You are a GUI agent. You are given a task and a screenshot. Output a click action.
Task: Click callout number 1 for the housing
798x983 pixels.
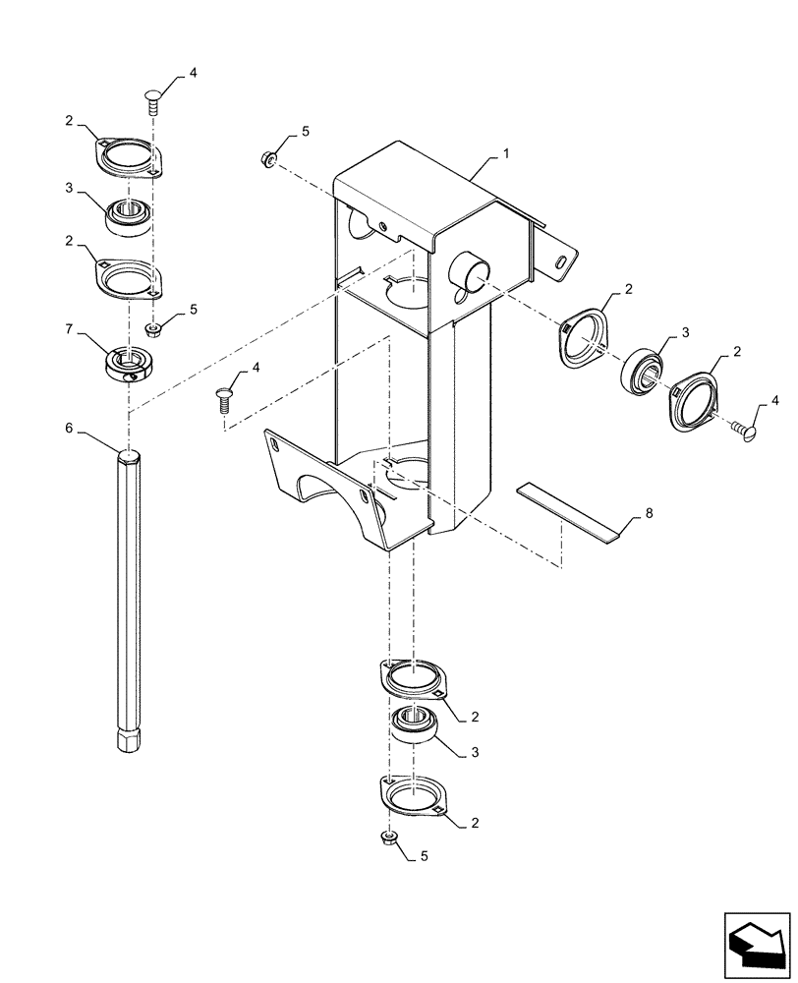coord(506,154)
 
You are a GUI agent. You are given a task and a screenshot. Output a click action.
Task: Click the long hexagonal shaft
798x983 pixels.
coord(129,600)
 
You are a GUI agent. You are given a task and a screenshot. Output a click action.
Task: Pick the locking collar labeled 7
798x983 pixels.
coord(128,363)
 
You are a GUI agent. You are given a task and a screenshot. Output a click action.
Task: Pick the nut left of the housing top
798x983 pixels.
coord(267,158)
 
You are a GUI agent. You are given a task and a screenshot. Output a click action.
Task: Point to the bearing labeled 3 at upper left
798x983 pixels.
coord(128,214)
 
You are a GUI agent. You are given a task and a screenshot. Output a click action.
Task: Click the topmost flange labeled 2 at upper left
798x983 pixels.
coord(128,158)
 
